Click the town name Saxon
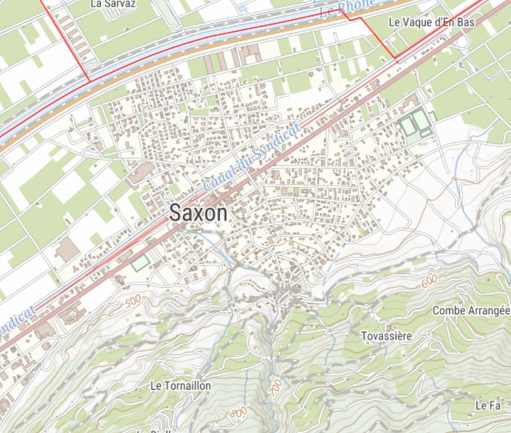[198, 213]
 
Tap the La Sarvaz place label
[112, 3]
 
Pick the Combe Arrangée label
[470, 311]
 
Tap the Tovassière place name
[386, 336]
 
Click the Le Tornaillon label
[180, 386]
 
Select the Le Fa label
[487, 405]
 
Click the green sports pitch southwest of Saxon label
[140, 263]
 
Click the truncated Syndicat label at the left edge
[16, 316]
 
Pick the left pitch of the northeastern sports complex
[407, 124]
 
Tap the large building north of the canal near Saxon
[140, 174]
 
